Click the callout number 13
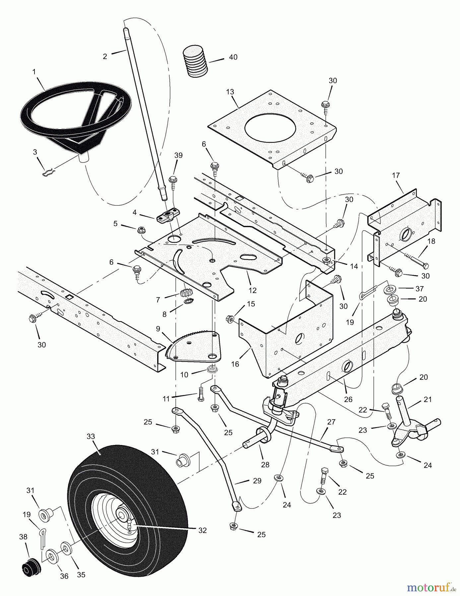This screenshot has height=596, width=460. [x=230, y=92]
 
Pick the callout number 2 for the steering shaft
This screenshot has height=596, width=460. [x=105, y=56]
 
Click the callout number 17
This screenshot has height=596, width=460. [x=396, y=175]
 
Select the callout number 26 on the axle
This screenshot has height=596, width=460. [x=348, y=400]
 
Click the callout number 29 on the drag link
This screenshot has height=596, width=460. [x=257, y=481]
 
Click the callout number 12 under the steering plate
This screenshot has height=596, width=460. [x=252, y=290]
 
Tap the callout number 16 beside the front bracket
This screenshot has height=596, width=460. [x=235, y=364]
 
